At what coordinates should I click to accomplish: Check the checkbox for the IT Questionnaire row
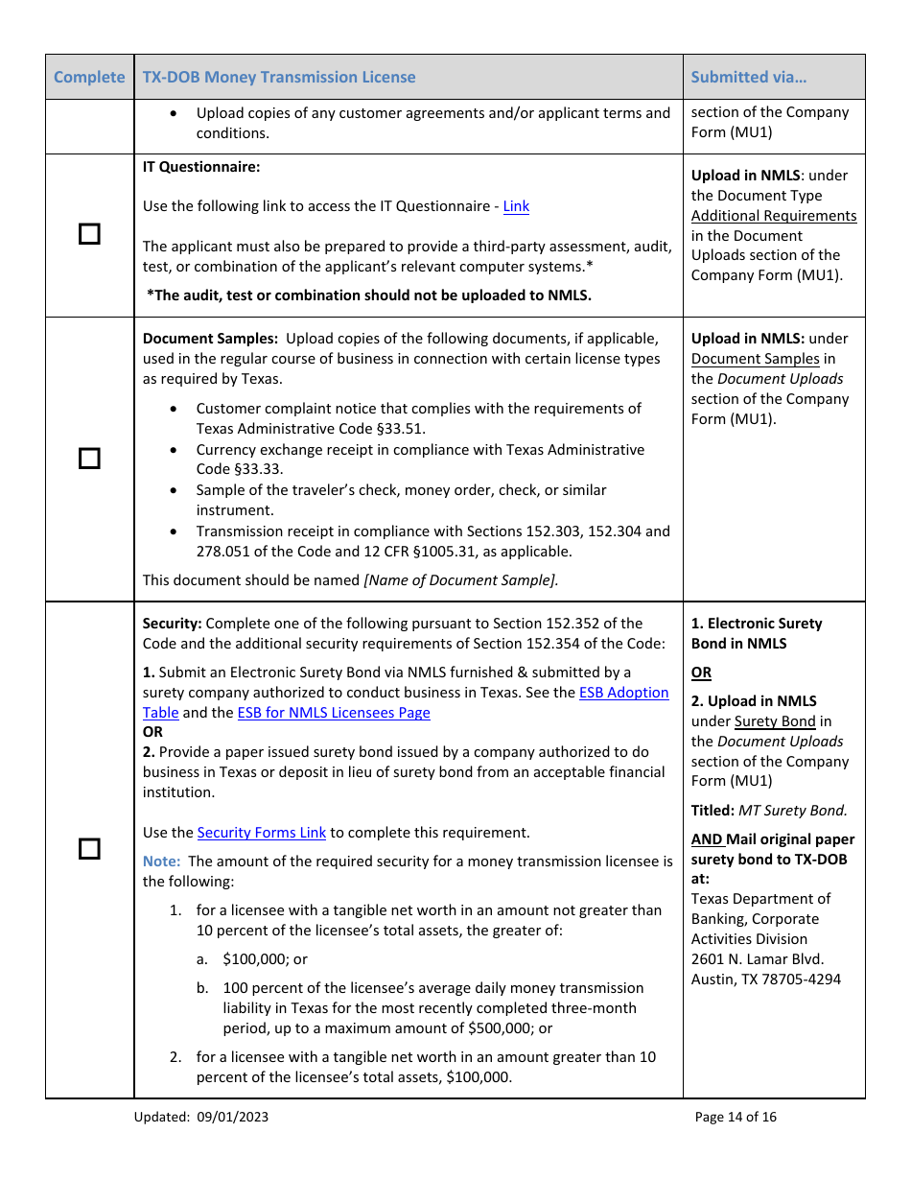tap(89, 234)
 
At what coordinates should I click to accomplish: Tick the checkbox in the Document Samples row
tap(89, 459)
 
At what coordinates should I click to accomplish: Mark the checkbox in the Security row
tap(89, 849)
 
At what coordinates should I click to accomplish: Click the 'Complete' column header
tap(89, 78)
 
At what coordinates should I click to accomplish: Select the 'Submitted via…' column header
tap(748, 78)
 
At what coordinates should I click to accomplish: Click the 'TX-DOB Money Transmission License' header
tap(279, 78)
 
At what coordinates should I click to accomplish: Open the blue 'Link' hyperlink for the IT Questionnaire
tap(516, 206)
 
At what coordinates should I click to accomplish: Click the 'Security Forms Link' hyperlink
tap(262, 833)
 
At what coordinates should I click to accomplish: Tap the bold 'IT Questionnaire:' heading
tap(201, 167)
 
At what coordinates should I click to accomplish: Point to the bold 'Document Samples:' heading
tap(210, 339)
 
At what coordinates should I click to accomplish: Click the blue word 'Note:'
tap(161, 861)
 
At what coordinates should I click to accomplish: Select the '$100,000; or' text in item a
tap(265, 959)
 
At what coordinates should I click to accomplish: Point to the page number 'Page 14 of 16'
tap(736, 1117)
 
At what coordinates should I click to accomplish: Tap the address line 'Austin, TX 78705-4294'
tap(766, 979)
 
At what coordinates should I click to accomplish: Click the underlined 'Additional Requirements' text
tap(774, 216)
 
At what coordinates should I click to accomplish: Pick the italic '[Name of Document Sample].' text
tap(460, 579)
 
